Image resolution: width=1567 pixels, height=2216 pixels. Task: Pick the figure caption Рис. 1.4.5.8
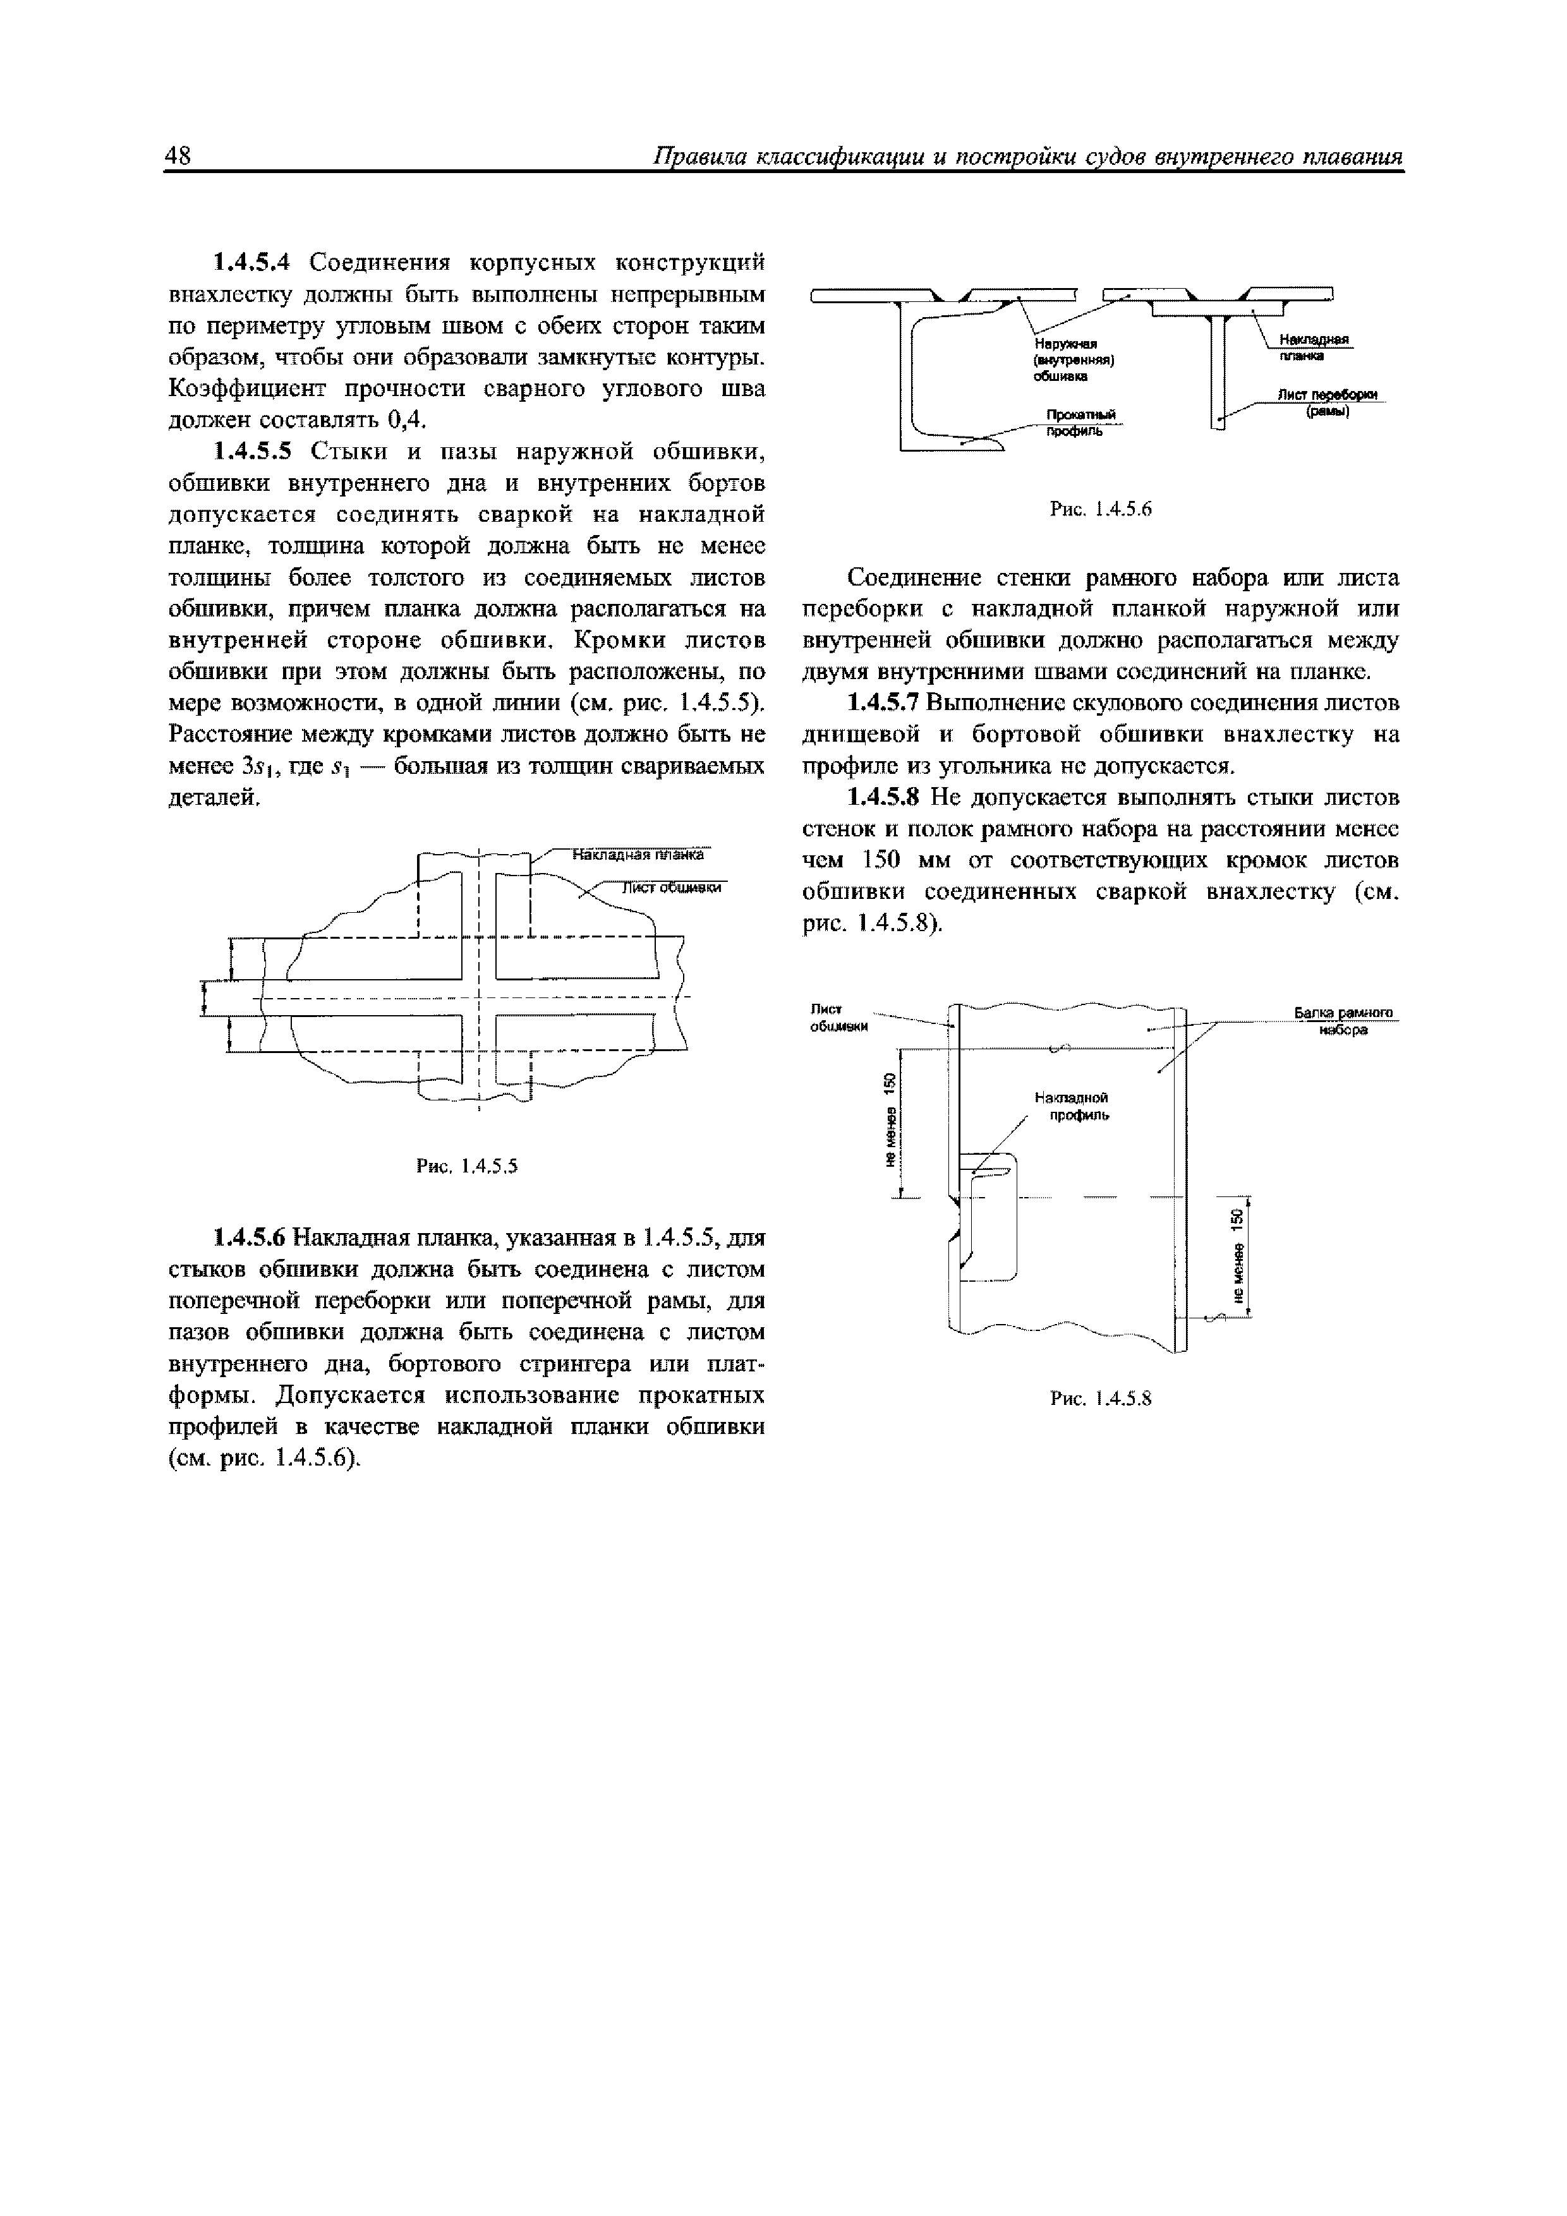coord(1101,1399)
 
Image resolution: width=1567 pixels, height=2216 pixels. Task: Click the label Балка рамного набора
coord(1345,1021)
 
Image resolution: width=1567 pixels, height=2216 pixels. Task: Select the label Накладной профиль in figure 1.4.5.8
coord(1072,1106)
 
